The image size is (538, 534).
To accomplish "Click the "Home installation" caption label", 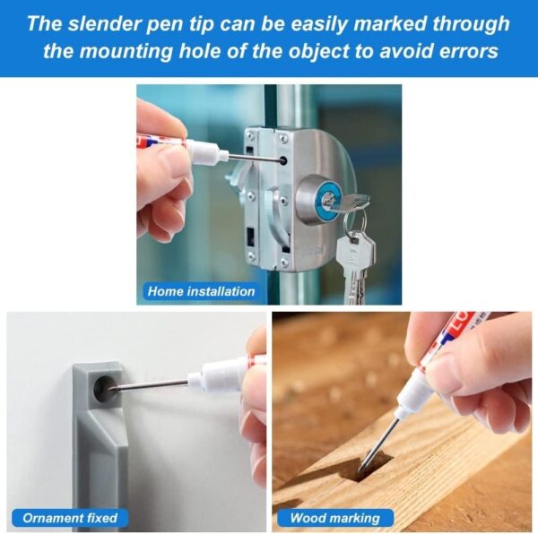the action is [x=201, y=291].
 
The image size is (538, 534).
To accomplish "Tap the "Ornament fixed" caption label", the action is [x=70, y=518].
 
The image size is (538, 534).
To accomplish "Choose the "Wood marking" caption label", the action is [x=335, y=518].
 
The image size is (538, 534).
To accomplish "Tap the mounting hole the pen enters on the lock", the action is [x=283, y=160].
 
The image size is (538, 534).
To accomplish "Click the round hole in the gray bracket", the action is [x=104, y=388].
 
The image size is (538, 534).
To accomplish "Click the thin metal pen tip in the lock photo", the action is [x=254, y=159].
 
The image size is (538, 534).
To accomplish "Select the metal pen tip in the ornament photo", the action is [x=150, y=385].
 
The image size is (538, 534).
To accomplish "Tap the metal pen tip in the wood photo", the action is [x=378, y=443].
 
